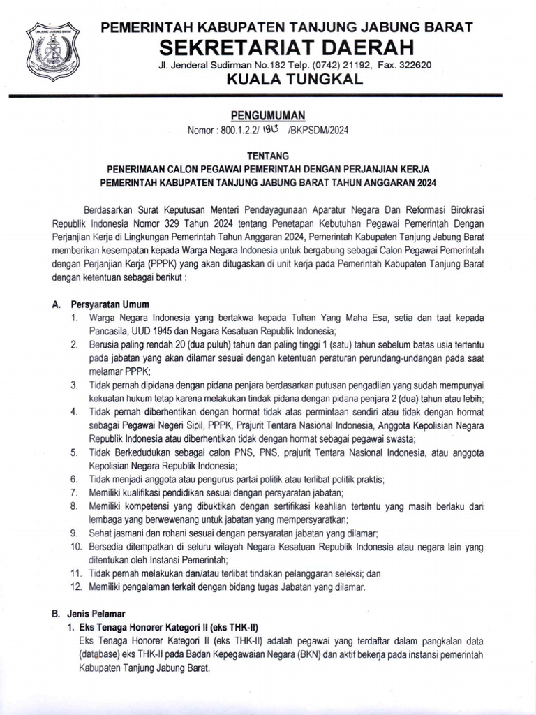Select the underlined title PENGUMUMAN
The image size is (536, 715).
[267, 115]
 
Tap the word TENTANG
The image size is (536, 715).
[267, 157]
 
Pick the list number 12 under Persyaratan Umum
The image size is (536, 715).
[76, 587]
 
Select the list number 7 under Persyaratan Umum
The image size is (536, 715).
[74, 492]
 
